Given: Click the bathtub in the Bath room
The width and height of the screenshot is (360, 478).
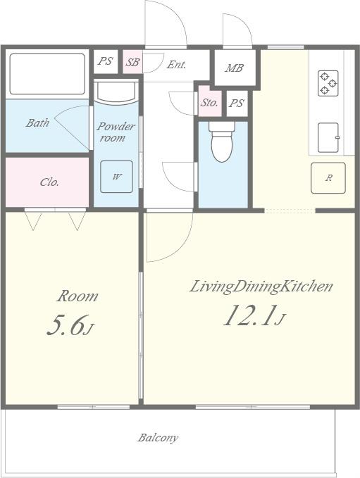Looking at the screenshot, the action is [x=47, y=74].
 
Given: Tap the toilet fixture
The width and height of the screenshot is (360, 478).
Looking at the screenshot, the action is [x=222, y=141].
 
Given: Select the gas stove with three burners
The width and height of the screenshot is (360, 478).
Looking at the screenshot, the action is [x=328, y=83].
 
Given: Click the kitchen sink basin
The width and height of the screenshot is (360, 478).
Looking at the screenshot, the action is [x=328, y=137].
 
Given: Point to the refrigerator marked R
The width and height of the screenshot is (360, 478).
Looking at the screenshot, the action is [x=328, y=178].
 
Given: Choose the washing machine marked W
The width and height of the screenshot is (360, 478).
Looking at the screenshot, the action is [x=116, y=177].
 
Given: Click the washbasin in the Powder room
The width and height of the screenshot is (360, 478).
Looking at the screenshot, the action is [x=116, y=91].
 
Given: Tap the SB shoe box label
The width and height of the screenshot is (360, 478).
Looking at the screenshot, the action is [x=132, y=63].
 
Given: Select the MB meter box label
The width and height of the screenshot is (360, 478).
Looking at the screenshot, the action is [x=235, y=68].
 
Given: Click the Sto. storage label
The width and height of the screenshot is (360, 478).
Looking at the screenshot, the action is [x=209, y=103].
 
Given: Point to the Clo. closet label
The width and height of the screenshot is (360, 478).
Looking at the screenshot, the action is [x=49, y=182].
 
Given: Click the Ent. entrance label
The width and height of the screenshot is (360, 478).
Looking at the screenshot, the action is [x=176, y=65].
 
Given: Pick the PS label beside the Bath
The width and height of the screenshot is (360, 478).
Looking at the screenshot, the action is [x=105, y=61].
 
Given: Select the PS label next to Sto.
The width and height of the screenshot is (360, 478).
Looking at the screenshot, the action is [x=237, y=103].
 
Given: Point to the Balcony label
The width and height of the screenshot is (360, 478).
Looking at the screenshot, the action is [x=158, y=438].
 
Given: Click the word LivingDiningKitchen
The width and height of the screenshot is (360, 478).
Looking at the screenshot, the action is [x=261, y=287].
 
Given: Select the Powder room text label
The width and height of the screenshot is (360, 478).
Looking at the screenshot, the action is [x=116, y=132].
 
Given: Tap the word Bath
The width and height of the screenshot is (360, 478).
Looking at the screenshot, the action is [x=37, y=123].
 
